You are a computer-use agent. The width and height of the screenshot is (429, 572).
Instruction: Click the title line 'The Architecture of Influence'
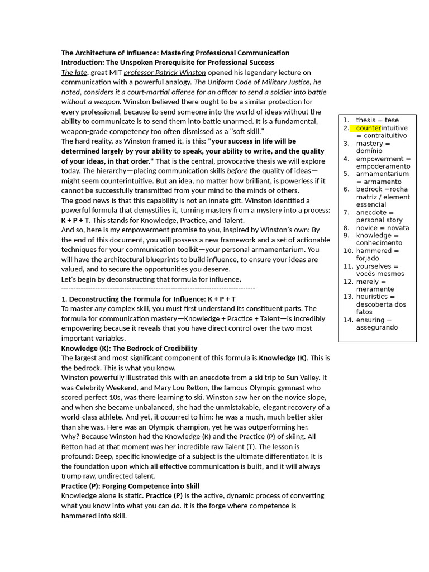(175, 53)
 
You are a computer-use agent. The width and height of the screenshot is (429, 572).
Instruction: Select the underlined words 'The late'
(74, 73)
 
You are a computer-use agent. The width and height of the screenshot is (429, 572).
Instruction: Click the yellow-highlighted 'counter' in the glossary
(368, 128)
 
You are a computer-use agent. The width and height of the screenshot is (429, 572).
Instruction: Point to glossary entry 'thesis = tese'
(377, 120)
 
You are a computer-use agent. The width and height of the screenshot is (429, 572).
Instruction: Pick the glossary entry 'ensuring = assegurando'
(377, 323)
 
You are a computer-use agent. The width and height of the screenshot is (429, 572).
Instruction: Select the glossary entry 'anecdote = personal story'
(379, 216)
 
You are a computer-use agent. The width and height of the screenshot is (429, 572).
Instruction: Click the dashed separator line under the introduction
(158, 289)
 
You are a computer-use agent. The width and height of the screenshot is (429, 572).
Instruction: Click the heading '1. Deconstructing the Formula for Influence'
(148, 299)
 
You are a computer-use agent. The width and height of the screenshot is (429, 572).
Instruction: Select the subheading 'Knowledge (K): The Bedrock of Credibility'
(129, 348)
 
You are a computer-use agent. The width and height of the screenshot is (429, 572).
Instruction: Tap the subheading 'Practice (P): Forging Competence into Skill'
(130, 486)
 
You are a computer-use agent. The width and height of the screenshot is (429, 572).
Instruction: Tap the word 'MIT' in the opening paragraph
(114, 73)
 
